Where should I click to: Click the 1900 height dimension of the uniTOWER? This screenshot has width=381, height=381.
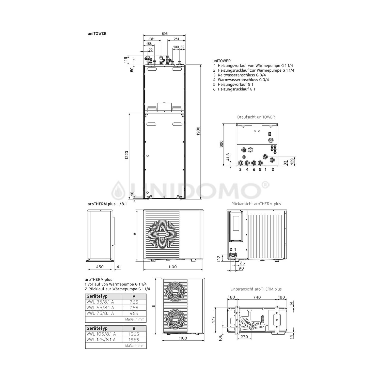coord(198,131)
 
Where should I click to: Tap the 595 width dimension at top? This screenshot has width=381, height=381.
coord(165,34)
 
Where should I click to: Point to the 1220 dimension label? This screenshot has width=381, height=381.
coord(127,156)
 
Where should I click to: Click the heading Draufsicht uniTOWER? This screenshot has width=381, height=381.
coord(256,117)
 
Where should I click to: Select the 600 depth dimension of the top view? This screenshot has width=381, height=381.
coord(221,144)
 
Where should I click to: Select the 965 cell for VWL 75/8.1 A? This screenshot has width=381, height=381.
coord(134,313)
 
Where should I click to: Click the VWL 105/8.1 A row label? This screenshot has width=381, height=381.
coord(101,334)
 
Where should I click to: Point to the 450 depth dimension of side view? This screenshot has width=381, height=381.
coord(100,267)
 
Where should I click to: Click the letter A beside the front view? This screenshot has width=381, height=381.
coord(135,234)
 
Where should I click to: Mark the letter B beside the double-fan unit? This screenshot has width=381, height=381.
coord(153,306)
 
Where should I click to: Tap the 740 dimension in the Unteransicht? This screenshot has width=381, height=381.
coord(257,297)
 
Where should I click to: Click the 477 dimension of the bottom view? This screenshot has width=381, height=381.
coord(213,320)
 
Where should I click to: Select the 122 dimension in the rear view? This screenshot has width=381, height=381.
coord(219,258)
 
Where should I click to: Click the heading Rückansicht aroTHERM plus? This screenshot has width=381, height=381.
coord(256,204)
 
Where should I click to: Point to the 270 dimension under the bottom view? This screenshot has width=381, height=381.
coord(244,337)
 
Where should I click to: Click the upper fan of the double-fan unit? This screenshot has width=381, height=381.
coord(175,291)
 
